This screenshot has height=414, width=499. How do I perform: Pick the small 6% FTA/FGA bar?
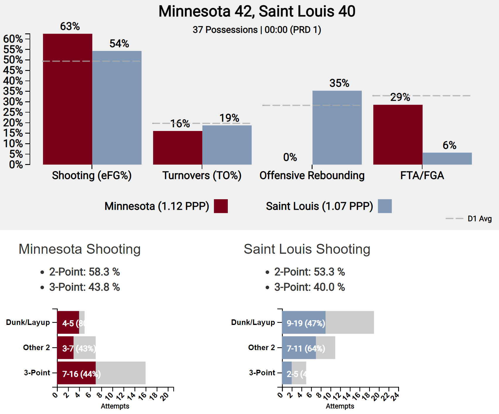coord(447,159)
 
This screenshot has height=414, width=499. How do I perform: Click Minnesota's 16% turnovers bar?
coord(177,148)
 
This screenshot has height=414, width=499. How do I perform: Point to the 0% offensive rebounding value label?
coord(290,157)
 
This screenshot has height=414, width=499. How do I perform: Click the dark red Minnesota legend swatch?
coord(221,206)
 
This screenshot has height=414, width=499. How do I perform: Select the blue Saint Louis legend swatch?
coord(385,206)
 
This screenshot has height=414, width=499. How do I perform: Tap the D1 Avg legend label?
coord(480,219)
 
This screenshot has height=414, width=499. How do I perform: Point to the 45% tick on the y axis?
coord(13,70)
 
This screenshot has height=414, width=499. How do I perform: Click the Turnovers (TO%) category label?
coord(202,176)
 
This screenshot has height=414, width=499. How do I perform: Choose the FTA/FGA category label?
coord(422,176)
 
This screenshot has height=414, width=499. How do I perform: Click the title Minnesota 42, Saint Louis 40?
coord(257,11)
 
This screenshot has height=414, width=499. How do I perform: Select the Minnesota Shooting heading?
coord(80,249)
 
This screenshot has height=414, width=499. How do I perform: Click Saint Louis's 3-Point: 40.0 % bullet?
coord(309,287)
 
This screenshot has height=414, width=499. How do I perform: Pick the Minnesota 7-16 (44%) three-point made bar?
coord(76,373)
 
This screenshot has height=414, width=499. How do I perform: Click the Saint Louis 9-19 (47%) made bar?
coord(304,322)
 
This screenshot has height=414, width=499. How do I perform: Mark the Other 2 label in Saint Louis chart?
coord(262,347)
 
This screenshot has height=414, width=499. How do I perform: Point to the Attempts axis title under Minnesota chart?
coord(115,406)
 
